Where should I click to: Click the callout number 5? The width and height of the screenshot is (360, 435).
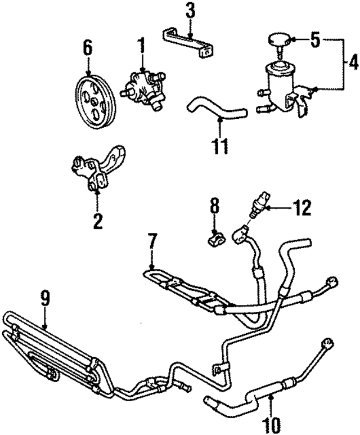tap(315, 40)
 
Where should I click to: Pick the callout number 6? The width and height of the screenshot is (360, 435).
tap(88, 48)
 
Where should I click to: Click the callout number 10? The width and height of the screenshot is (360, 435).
tap(270, 421)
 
